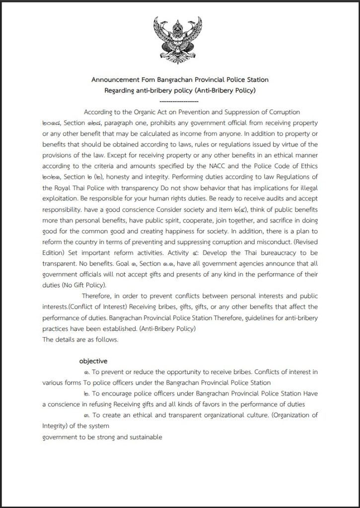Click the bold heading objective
93,361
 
